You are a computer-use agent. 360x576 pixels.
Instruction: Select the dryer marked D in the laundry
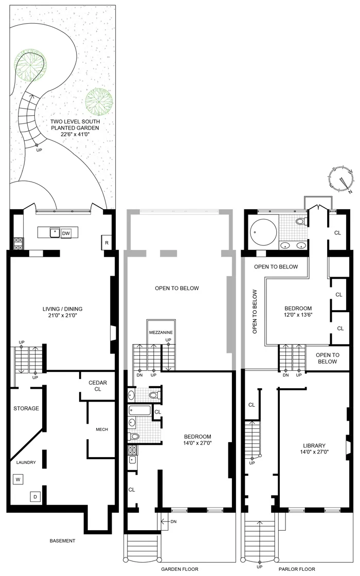pos(35,497)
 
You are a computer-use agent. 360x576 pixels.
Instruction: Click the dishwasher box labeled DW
pos(66,233)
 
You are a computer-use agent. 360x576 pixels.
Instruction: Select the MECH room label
pos(101,429)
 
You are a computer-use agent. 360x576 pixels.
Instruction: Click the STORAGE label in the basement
pos(26,408)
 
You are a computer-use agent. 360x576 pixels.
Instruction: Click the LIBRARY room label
pos(312,445)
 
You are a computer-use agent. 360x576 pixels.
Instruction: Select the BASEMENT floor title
pos(62,541)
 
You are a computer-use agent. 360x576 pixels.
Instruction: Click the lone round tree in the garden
pos(99,101)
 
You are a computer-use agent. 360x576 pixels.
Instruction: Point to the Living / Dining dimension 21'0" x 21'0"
pos(63,316)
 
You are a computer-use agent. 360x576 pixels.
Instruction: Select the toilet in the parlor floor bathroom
pos(301,221)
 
